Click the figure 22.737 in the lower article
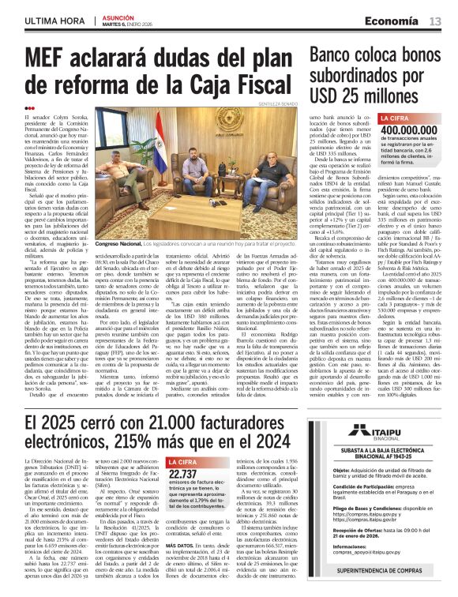[x=184, y=473]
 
